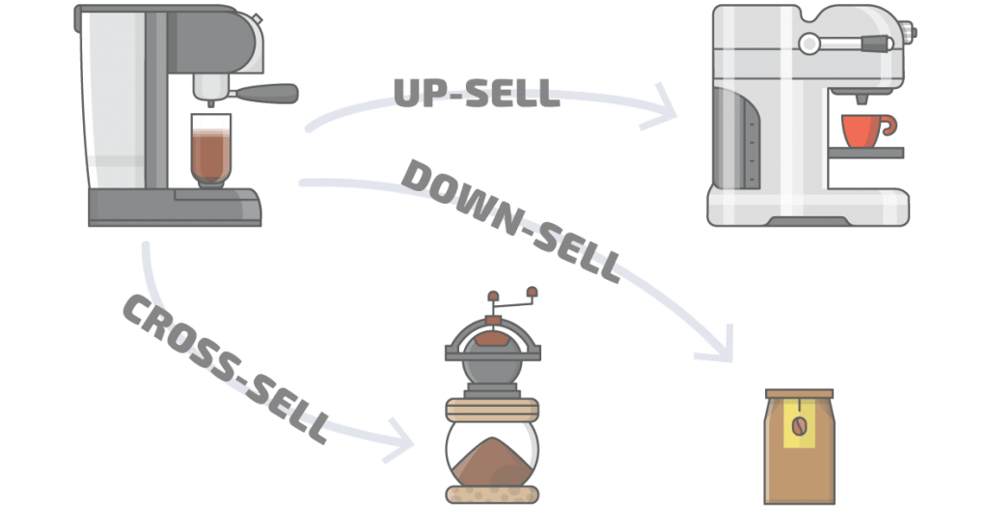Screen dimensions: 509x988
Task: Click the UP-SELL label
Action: (x=477, y=92)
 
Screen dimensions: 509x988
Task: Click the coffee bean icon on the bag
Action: (x=798, y=426)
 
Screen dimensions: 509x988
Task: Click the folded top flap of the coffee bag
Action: (x=798, y=393)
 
